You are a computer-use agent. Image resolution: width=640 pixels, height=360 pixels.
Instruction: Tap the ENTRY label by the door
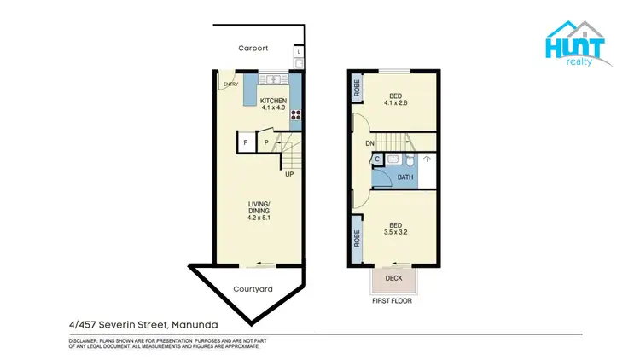point(230,84)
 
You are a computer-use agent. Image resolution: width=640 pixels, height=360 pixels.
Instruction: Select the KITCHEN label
point(273,101)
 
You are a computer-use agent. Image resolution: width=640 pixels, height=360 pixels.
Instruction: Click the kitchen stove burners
point(295,115)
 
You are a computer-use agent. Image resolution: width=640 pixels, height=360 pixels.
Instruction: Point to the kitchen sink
point(274,80)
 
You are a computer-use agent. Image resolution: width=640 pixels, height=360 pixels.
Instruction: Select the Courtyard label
point(253,289)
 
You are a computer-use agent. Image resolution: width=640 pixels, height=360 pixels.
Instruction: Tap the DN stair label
point(370,143)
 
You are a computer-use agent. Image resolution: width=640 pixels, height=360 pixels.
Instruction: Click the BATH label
point(405,177)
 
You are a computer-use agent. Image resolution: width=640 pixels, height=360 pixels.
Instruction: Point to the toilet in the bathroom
point(410,160)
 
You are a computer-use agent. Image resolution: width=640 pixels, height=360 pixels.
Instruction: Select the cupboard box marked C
point(376,159)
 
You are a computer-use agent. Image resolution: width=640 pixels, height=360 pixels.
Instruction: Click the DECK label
point(393,278)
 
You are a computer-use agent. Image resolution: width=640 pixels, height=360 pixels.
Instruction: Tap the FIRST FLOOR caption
point(394,301)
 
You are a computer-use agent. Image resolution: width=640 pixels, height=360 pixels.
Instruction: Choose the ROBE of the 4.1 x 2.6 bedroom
point(356,86)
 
